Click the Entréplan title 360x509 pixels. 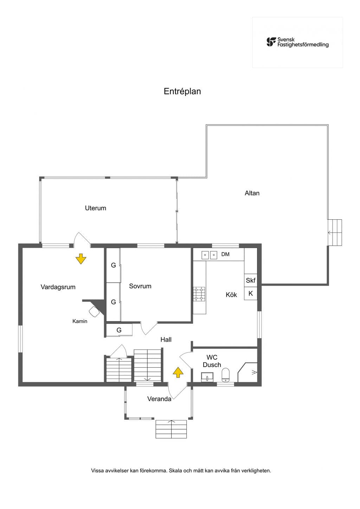(182, 91)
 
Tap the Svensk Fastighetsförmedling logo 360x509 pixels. (297, 42)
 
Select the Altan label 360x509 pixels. (252, 193)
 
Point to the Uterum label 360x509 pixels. (96, 208)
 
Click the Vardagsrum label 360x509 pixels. (58, 287)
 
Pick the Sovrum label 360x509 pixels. (140, 286)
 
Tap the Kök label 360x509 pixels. (231, 295)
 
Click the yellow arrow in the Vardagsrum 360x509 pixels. (81, 259)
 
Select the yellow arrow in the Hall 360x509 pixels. (178, 372)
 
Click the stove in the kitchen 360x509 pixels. (199, 294)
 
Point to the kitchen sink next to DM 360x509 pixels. (209, 255)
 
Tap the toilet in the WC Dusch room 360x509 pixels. (225, 375)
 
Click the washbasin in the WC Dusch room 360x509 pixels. (207, 377)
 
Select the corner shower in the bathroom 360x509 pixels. (247, 372)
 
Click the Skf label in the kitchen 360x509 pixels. (251, 281)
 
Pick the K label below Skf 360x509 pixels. (251, 294)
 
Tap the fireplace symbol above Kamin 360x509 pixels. (94, 311)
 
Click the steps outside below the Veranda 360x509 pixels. (171, 429)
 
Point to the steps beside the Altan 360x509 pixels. (335, 232)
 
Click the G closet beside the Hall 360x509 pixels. (119, 330)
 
